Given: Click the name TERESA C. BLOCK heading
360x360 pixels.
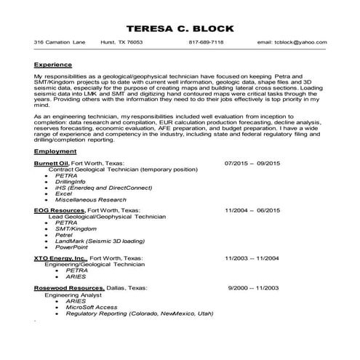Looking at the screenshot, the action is click(x=180, y=28).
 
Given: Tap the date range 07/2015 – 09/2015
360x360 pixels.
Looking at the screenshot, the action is click(x=252, y=164).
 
